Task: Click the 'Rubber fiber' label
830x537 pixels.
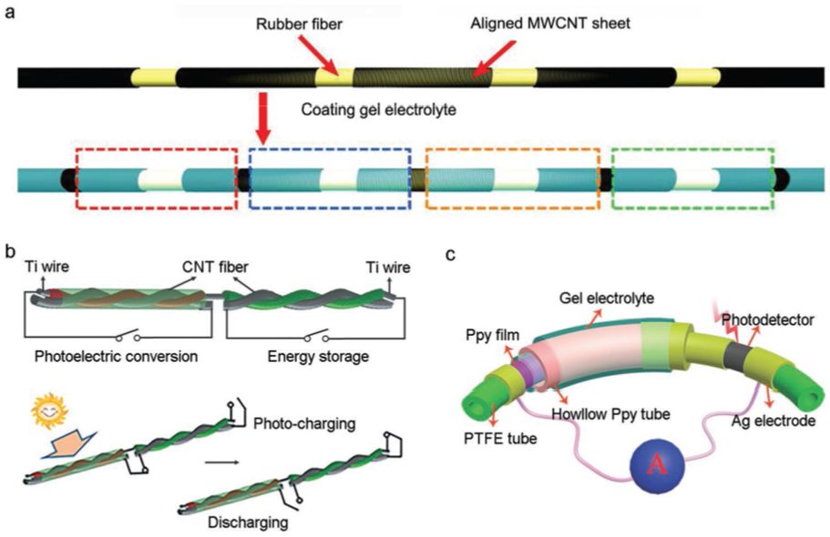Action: tap(299, 24)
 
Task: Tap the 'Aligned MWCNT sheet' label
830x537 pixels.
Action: tap(550, 24)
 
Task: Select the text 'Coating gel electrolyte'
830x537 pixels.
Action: tap(378, 109)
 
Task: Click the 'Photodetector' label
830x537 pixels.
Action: tap(767, 319)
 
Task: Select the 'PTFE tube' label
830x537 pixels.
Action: tap(501, 438)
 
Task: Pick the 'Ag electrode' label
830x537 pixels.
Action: tap(774, 421)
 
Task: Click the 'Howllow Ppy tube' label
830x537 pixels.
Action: tap(610, 413)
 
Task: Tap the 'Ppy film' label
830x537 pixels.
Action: tap(492, 335)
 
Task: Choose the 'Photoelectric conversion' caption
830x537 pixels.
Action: tap(116, 356)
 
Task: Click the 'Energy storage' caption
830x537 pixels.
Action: tap(318, 356)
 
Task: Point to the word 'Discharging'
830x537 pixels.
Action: tap(248, 522)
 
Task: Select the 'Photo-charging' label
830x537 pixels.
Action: tap(304, 424)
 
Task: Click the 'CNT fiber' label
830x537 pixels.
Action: tap(215, 267)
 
